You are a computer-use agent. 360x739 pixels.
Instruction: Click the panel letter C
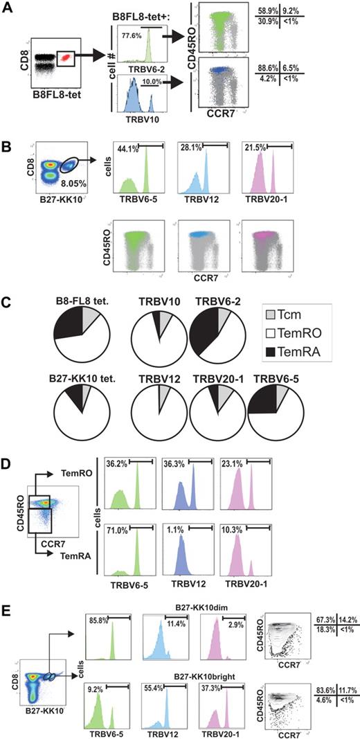(10, 303)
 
